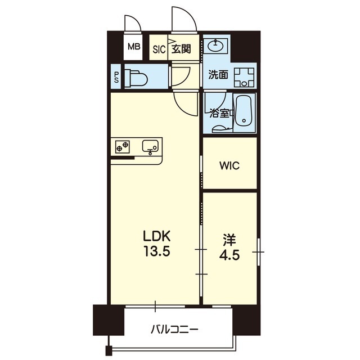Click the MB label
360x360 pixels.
click(134, 47)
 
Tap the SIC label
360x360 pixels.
click(159, 49)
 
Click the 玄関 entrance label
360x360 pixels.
click(181, 49)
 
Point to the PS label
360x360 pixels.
click(117, 78)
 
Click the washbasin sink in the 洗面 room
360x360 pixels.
click(215, 46)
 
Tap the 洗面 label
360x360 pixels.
click(218, 75)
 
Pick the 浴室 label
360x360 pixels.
click(220, 114)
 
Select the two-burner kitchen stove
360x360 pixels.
click(122, 147)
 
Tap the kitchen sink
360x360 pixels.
click(150, 146)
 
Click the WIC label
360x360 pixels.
click(229, 165)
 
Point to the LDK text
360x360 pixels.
click(157, 236)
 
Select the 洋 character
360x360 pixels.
click(229, 240)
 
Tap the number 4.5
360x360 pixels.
click(229, 254)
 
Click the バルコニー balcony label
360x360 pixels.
click(174, 330)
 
